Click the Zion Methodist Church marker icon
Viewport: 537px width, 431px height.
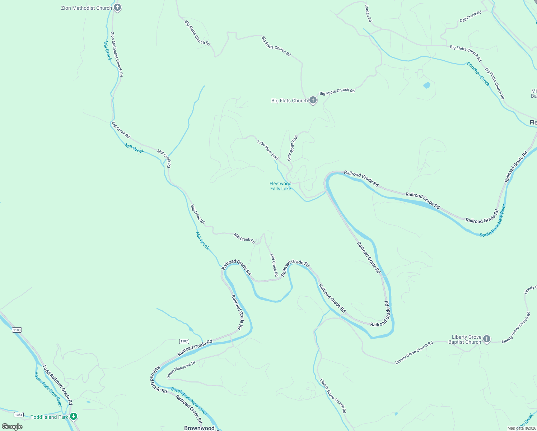(117, 8)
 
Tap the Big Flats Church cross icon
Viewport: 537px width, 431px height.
(313, 100)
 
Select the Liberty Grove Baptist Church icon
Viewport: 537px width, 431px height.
(486, 339)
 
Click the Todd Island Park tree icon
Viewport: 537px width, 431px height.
(74, 417)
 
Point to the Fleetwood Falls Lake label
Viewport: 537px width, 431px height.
(280, 186)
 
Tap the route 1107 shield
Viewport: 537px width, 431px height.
(184, 341)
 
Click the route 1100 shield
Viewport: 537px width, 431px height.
(17, 330)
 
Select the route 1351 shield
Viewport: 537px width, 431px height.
(19, 415)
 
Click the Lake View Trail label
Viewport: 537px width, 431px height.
(268, 150)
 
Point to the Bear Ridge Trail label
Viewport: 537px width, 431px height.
(293, 148)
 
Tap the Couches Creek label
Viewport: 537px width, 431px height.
(478, 74)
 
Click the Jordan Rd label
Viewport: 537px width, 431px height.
(368, 14)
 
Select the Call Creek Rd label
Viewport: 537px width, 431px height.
(471, 17)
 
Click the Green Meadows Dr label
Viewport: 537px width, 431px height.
(181, 370)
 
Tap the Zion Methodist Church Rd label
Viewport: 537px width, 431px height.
(117, 54)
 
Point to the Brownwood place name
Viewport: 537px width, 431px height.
(199, 428)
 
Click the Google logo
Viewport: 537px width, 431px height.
(12, 427)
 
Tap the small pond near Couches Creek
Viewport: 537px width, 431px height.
(426, 85)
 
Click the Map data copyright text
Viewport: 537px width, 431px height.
(521, 428)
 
